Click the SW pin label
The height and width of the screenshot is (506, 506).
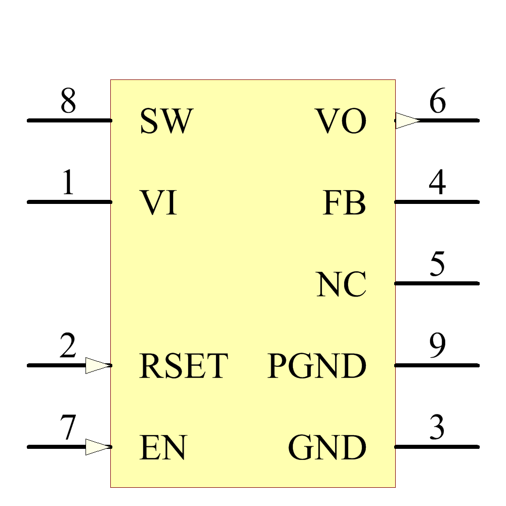point(166,121)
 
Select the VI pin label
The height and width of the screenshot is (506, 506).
point(158,203)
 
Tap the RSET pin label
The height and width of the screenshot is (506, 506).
point(184,366)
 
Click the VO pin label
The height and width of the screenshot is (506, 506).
point(341,121)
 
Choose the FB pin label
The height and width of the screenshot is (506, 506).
point(344,203)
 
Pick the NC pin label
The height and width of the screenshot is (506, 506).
point(341,284)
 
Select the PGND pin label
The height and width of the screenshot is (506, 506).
point(317,366)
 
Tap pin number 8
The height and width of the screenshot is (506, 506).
point(68,101)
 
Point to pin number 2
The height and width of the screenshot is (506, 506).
point(68,346)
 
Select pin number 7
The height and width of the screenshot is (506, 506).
point(68,428)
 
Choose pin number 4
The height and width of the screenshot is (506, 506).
point(437,183)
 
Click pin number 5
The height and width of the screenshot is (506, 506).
point(437,264)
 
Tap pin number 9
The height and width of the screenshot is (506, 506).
point(437,346)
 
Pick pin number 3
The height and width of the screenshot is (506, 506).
point(437,428)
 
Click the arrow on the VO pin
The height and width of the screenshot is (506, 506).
point(407,120)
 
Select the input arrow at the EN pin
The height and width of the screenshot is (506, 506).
point(98,447)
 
